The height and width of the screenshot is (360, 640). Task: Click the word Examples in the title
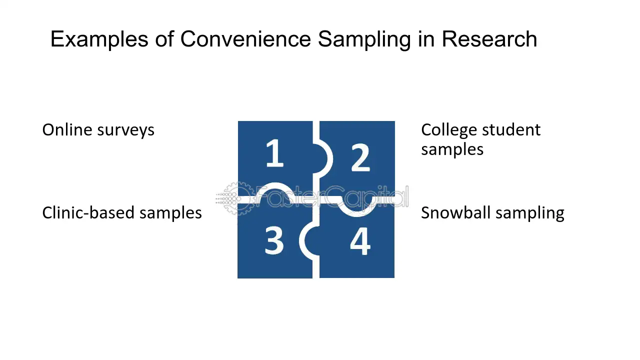(99, 39)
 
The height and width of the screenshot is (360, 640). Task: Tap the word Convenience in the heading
(245, 38)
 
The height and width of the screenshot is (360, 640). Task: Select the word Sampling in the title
(364, 39)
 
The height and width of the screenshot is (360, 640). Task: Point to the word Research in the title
(489, 38)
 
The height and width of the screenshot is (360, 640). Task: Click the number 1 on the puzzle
(274, 153)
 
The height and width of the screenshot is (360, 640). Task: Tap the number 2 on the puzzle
(360, 157)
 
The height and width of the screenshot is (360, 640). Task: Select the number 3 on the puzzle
(274, 240)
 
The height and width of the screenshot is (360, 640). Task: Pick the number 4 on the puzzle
(360, 241)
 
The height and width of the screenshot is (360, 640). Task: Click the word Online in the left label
(67, 130)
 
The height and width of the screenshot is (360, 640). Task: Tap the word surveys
(125, 131)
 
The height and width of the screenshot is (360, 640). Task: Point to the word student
(511, 130)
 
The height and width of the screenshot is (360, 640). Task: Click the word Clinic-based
(88, 213)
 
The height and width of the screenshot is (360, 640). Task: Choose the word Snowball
(453, 213)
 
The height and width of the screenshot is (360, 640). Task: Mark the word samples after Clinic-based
(170, 213)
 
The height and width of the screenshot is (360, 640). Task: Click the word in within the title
(426, 39)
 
